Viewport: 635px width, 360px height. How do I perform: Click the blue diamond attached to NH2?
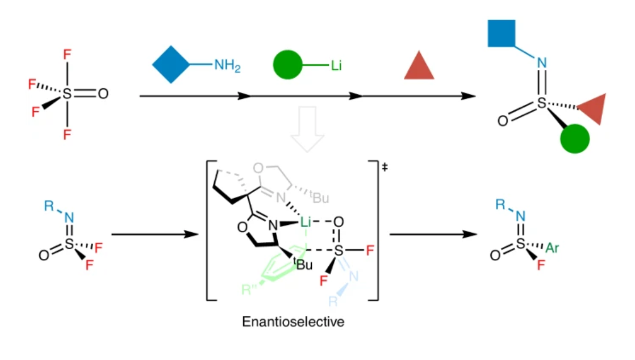[x=171, y=64]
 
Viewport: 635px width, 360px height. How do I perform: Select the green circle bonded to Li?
[x=287, y=65]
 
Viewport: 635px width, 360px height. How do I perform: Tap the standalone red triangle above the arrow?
[x=419, y=65]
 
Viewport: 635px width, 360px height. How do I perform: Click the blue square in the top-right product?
[x=502, y=33]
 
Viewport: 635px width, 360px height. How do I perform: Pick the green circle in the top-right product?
[x=575, y=139]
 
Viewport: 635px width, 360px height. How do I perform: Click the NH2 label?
[x=227, y=65]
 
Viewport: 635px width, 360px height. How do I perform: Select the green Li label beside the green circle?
[x=336, y=65]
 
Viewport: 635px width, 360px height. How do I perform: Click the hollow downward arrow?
[x=307, y=129]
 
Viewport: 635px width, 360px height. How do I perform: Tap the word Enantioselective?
[x=293, y=321]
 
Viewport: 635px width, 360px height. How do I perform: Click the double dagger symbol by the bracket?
[x=385, y=166]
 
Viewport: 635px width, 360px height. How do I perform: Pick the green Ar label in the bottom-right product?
[x=552, y=248]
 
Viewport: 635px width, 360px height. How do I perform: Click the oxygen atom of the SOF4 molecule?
[x=103, y=94]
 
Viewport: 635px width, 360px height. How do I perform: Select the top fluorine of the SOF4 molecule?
[x=67, y=55]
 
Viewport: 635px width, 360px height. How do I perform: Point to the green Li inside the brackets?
[x=306, y=221]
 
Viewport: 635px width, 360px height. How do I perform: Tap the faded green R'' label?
[x=249, y=289]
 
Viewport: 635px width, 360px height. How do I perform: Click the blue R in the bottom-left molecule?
[x=49, y=206]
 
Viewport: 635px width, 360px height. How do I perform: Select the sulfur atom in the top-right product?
[x=542, y=103]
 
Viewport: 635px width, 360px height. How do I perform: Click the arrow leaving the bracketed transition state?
[x=433, y=234]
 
